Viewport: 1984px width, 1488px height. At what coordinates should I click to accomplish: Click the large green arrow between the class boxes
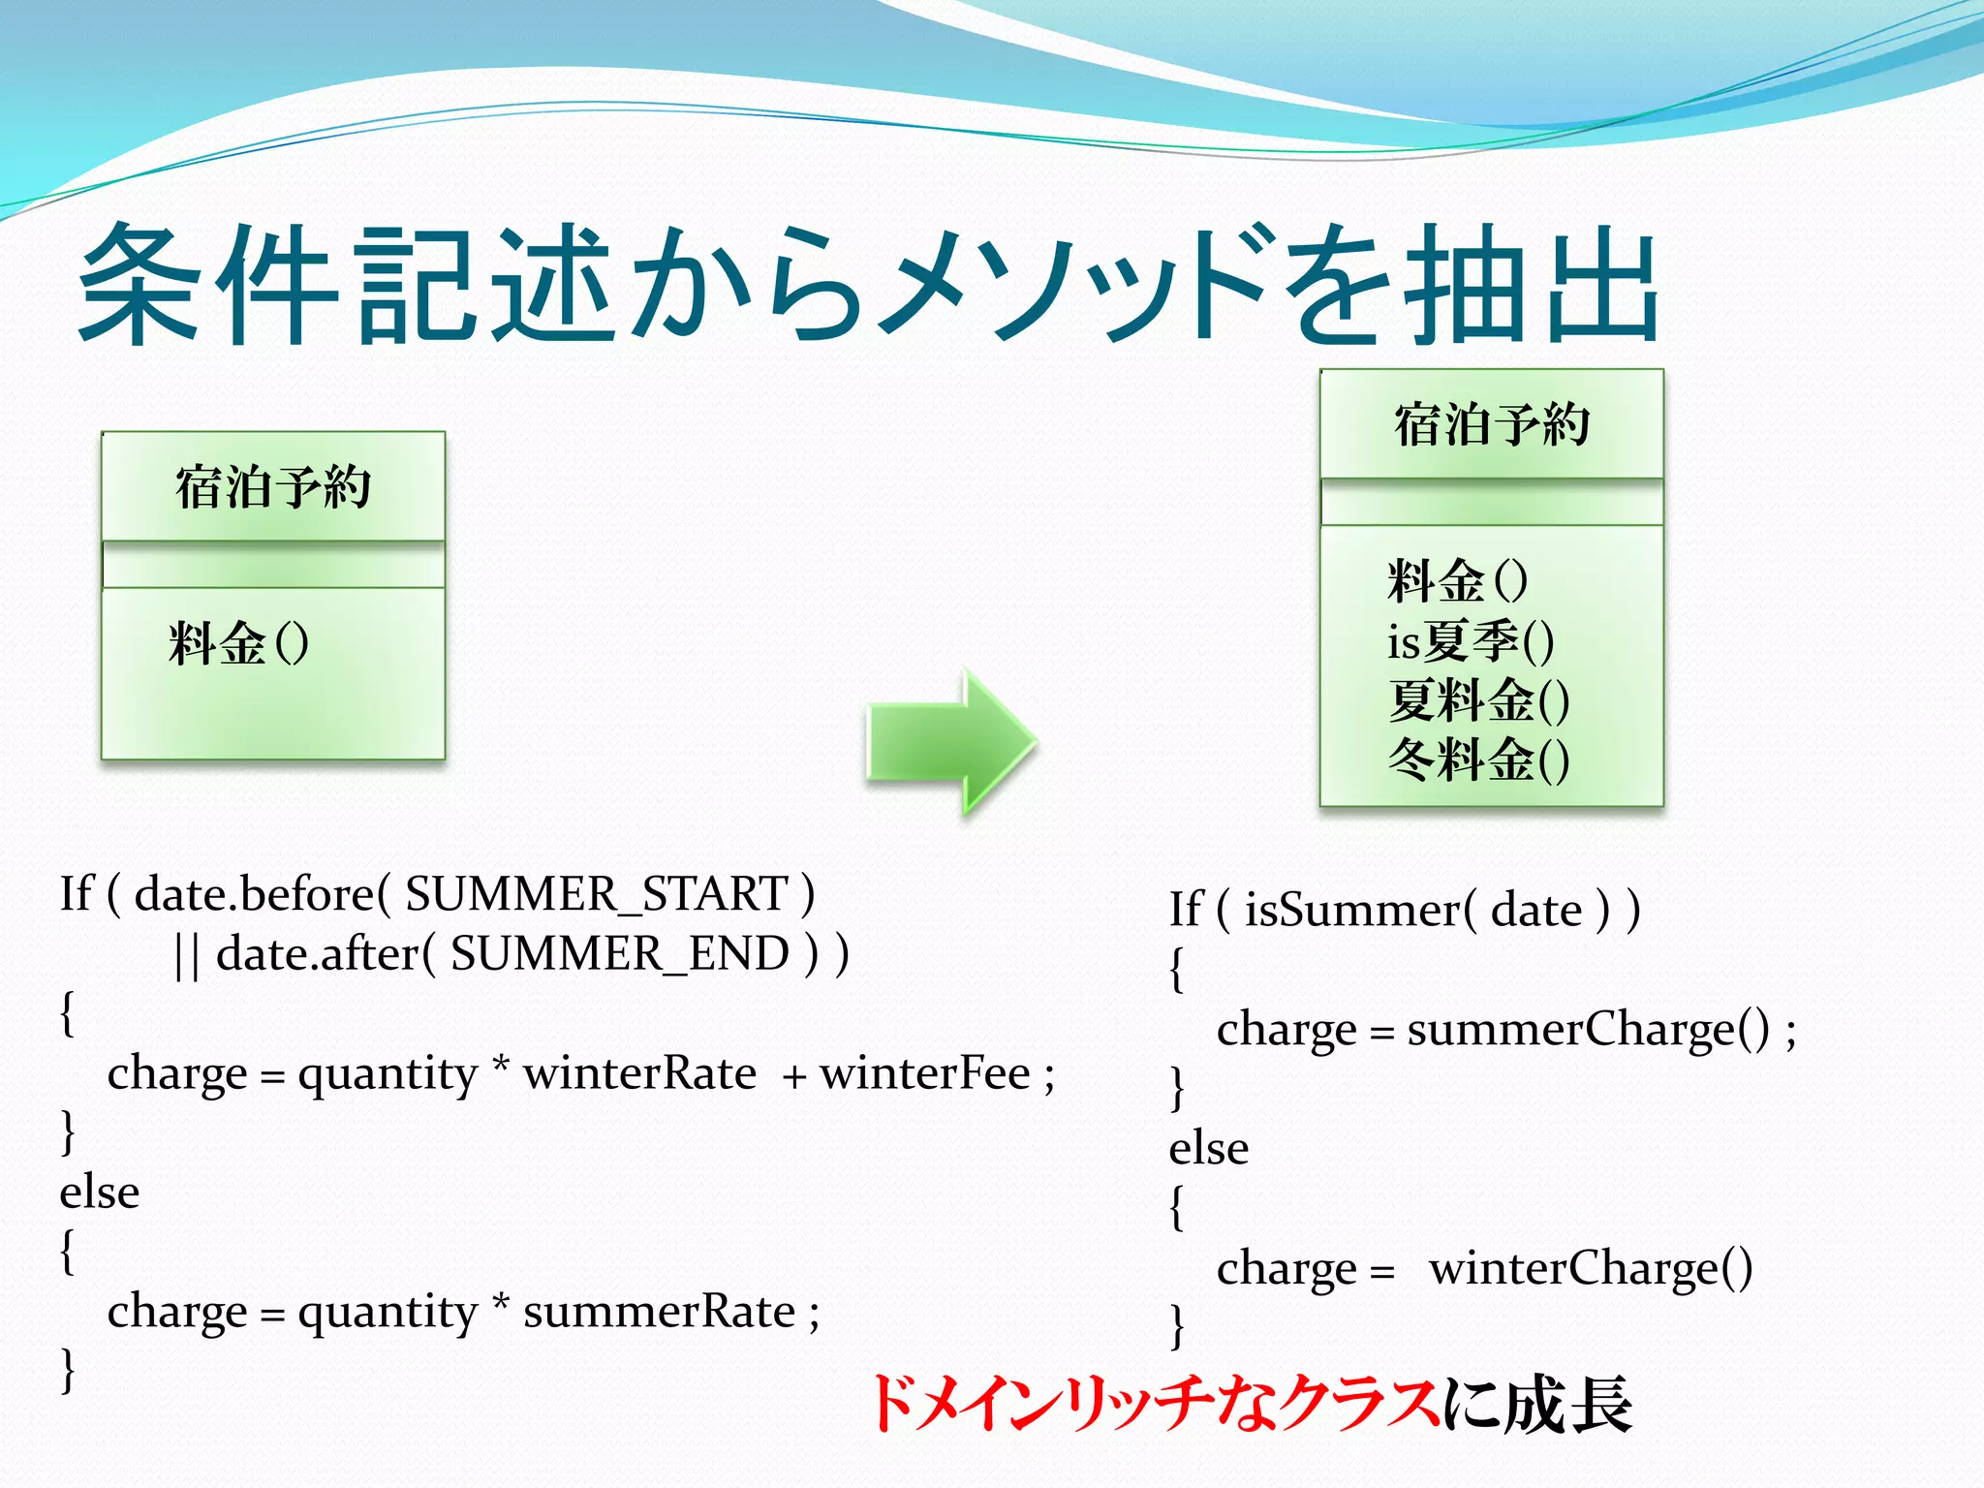point(949,741)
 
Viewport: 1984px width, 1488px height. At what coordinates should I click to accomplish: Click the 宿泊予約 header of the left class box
point(273,486)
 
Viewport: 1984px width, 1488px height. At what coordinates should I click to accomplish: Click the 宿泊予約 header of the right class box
point(1491,424)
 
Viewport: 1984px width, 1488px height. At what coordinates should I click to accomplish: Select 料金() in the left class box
point(238,643)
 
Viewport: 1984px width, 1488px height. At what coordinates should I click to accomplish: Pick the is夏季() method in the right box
point(1470,641)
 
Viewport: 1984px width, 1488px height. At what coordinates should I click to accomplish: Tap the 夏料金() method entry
point(1477,700)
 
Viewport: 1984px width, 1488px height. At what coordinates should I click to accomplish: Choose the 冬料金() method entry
point(1477,759)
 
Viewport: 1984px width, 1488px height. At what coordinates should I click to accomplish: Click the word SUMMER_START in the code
point(597,893)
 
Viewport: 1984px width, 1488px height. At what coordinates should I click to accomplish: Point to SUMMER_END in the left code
point(620,953)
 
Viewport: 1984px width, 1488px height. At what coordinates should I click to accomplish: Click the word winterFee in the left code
point(925,1073)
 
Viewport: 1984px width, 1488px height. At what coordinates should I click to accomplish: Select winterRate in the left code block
point(639,1073)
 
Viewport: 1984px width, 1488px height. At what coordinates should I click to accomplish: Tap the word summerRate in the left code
point(659,1312)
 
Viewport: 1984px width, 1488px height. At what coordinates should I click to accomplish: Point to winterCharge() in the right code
point(1591,1268)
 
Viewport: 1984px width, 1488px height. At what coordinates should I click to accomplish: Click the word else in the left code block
point(99,1193)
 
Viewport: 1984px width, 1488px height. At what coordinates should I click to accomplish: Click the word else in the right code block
point(1208,1149)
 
